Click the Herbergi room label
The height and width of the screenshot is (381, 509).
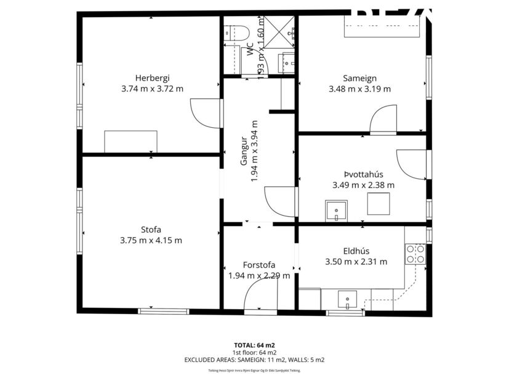[x=152, y=77]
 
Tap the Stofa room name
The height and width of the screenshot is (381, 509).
[x=151, y=229]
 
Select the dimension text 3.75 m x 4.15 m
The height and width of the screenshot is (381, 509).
[x=151, y=240]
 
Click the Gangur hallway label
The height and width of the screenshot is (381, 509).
[x=244, y=152]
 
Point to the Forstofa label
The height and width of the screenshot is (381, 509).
[x=259, y=265]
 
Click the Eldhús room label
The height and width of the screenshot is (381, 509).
[x=356, y=251]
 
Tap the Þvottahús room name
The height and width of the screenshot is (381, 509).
[x=363, y=174]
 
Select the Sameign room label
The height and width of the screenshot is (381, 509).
[x=360, y=77]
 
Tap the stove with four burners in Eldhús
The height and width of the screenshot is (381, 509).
[x=415, y=254]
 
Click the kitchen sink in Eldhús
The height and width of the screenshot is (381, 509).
[x=348, y=300]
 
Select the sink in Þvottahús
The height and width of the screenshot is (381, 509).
[x=336, y=210]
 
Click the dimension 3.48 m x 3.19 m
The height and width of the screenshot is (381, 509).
[x=360, y=88]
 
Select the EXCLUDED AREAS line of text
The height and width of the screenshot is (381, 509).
[x=254, y=359]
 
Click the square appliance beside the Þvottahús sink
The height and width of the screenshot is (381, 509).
[x=378, y=203]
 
